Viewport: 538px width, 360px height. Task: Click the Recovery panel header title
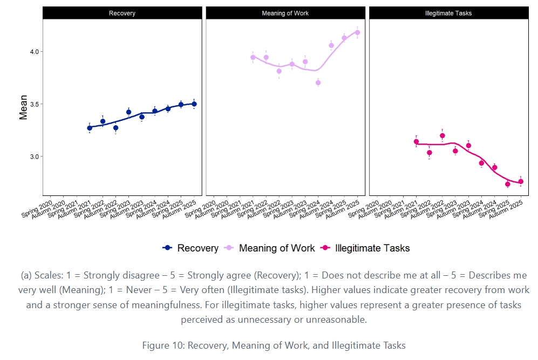pos(122,13)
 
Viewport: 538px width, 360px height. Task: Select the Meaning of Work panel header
pos(285,13)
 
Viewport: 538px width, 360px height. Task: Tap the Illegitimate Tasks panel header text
pos(448,13)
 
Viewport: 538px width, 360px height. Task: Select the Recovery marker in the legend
pos(168,248)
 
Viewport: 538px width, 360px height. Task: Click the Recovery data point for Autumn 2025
pos(194,104)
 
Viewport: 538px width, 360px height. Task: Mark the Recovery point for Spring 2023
pos(128,112)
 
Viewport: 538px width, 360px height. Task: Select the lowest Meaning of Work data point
pos(318,83)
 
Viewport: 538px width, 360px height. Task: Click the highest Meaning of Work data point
pos(357,32)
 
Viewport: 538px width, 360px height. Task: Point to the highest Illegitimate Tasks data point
pos(442,136)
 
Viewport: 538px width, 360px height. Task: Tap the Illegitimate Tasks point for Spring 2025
pos(508,184)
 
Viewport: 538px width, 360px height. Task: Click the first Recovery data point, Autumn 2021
pos(90,128)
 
